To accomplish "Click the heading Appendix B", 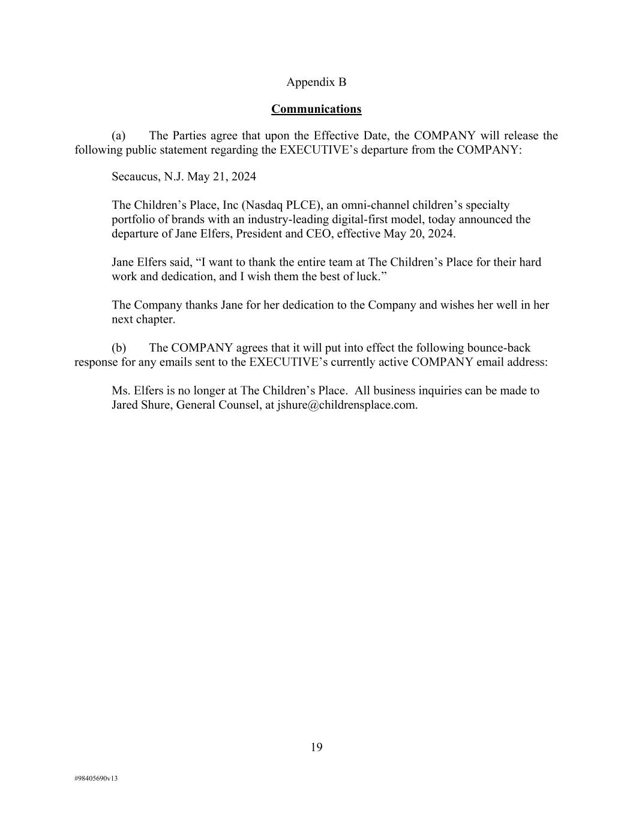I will click(316, 82).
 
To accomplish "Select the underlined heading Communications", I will click(316, 109).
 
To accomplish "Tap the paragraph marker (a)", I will click(118, 136).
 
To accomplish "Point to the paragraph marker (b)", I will click(118, 348).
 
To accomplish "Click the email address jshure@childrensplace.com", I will click(346, 405).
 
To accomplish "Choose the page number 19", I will click(316, 747).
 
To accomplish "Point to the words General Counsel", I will click(217, 405).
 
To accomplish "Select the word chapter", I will click(155, 320).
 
